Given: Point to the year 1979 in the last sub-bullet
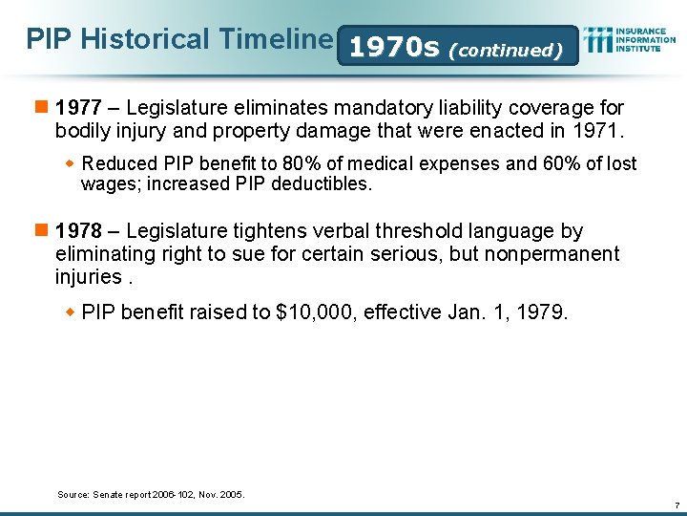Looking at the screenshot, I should (x=541, y=312).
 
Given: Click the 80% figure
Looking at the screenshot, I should (x=292, y=164).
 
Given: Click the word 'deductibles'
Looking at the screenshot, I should (x=323, y=183).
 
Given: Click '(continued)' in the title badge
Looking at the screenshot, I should (x=505, y=50).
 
